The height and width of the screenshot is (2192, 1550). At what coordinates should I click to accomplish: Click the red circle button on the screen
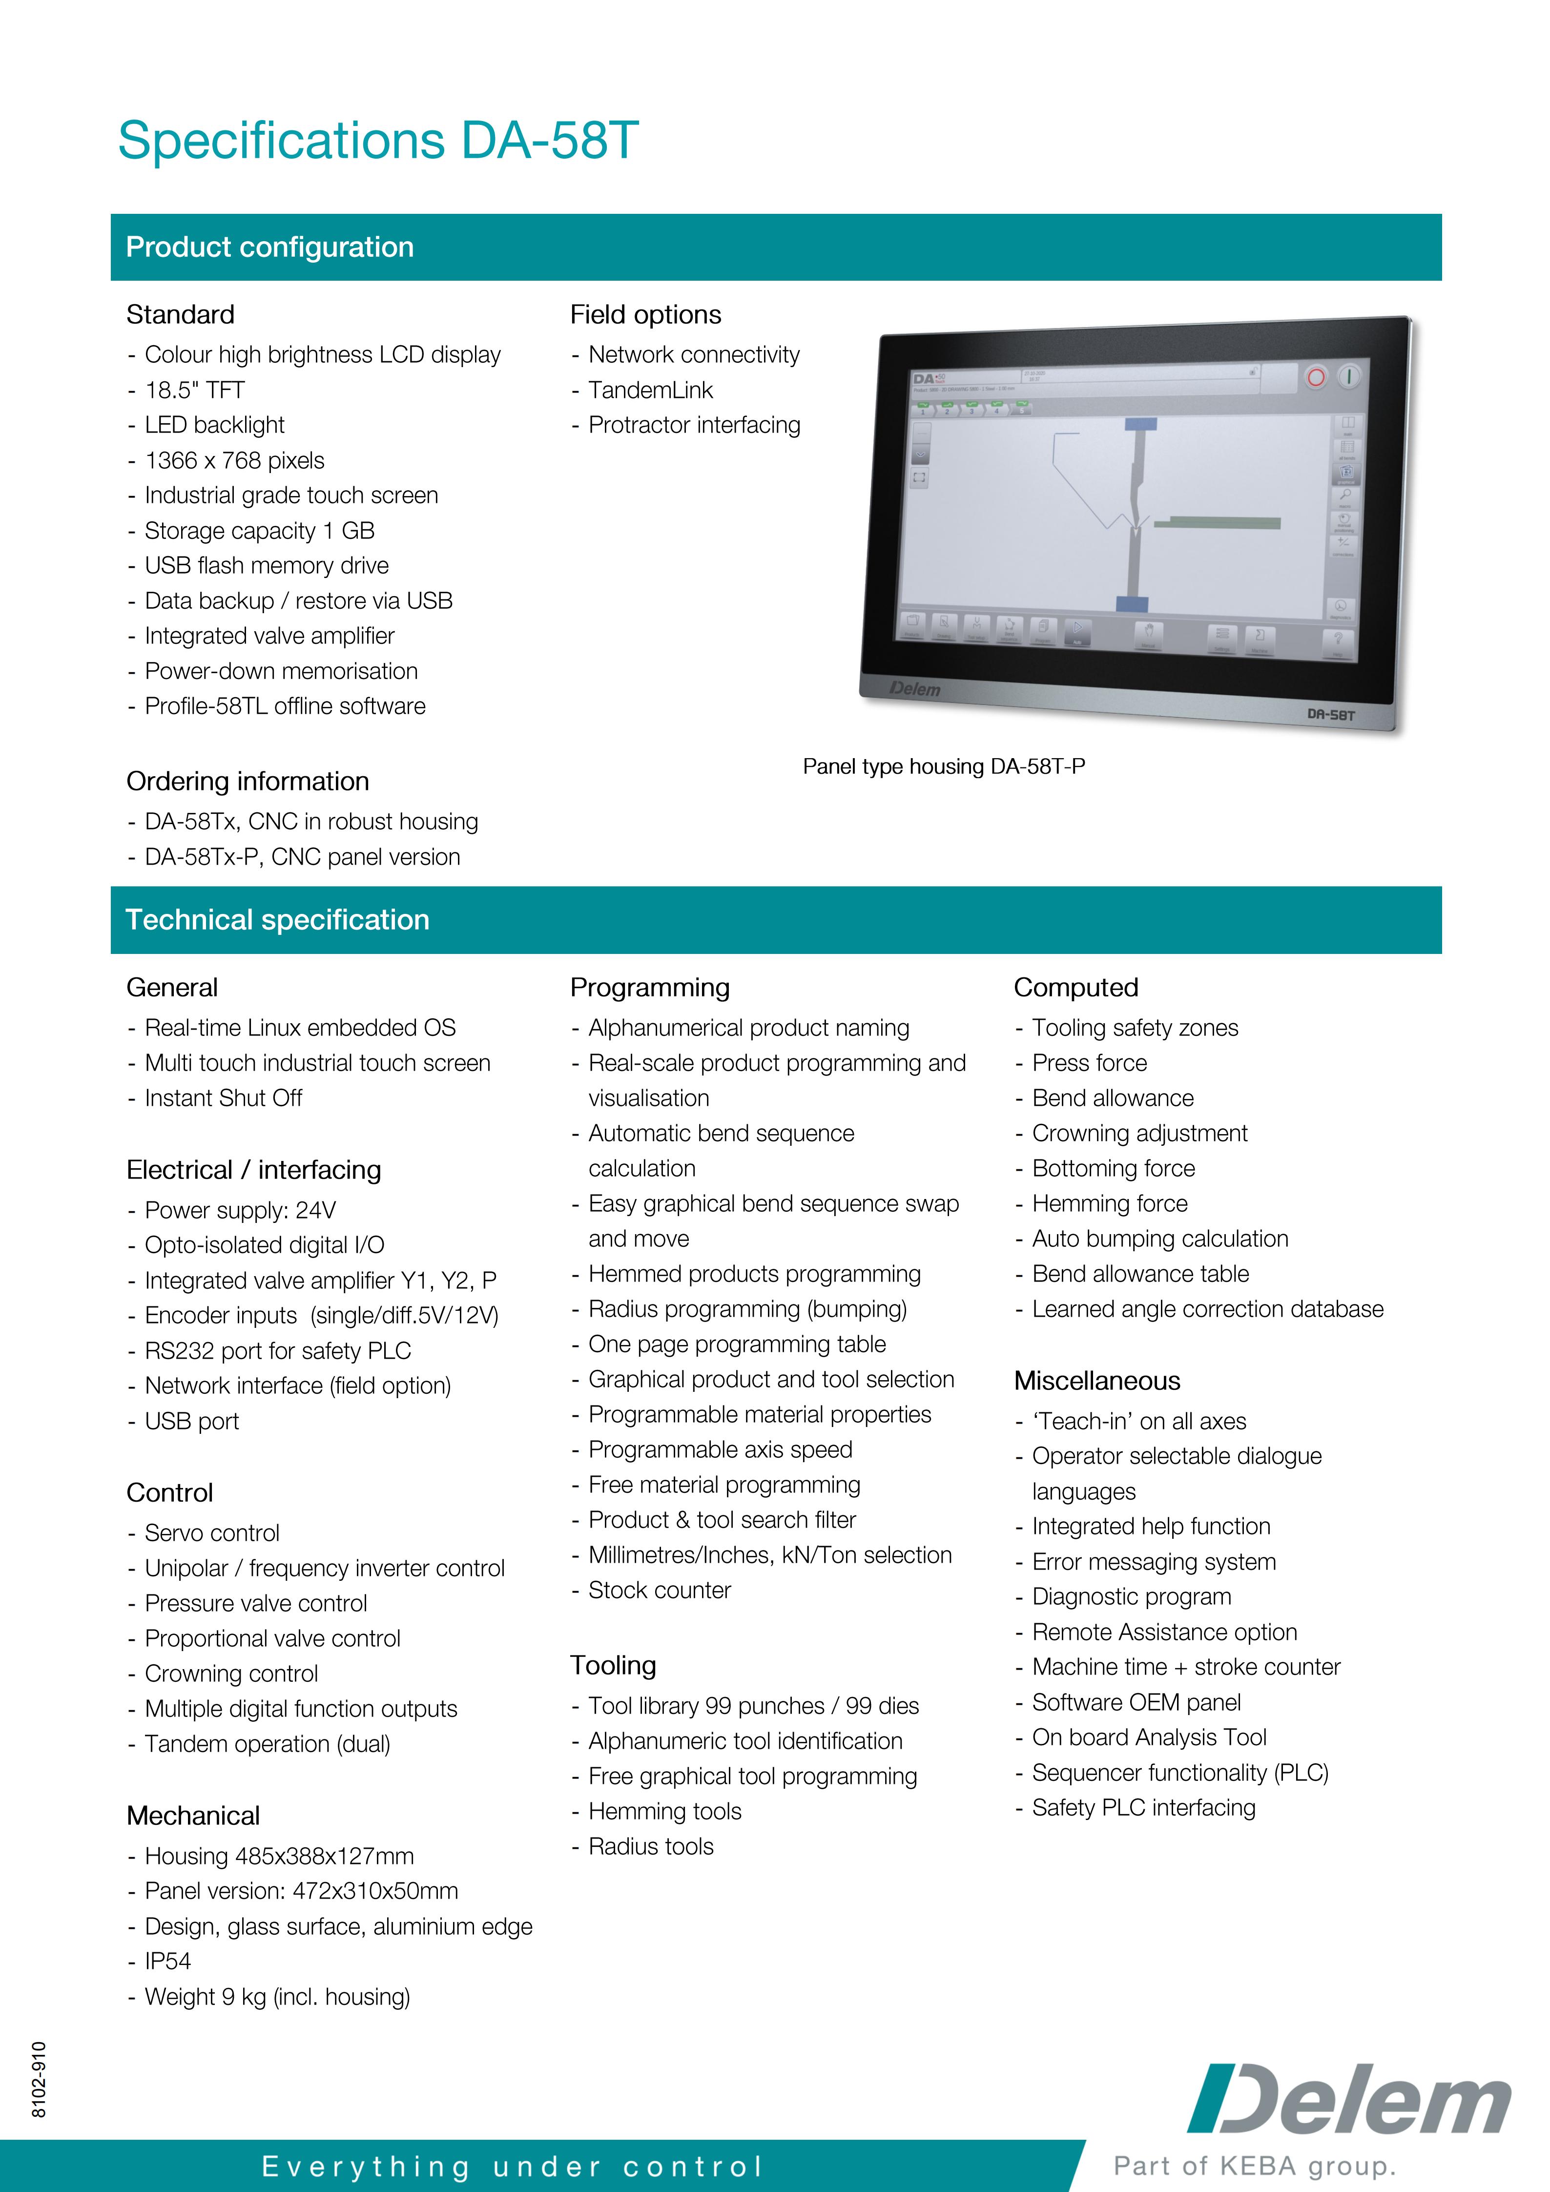point(1315,377)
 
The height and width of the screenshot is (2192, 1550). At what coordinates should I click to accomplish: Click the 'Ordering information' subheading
point(247,781)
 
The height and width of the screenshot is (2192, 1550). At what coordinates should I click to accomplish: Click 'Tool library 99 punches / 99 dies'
point(753,1706)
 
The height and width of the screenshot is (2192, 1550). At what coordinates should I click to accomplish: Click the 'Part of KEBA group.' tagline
point(1254,2165)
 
